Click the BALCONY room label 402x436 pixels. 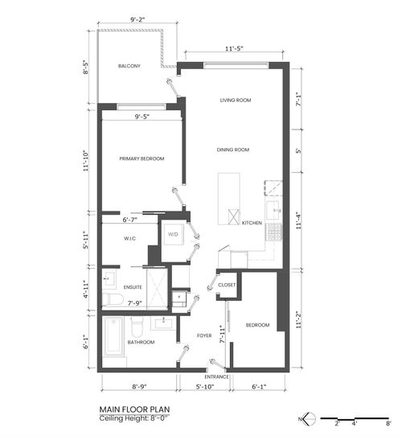[x=129, y=66]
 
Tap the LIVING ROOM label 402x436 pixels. [x=236, y=101]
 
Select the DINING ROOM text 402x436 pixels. [x=233, y=150]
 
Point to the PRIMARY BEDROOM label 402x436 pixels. [x=142, y=159]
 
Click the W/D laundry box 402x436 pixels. [x=173, y=235]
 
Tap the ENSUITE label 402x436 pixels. [x=133, y=286]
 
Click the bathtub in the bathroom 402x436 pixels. [x=114, y=342]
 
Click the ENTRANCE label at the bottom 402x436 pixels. [x=216, y=376]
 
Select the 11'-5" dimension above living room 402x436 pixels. [x=236, y=49]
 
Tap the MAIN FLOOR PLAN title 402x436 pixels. [x=133, y=409]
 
